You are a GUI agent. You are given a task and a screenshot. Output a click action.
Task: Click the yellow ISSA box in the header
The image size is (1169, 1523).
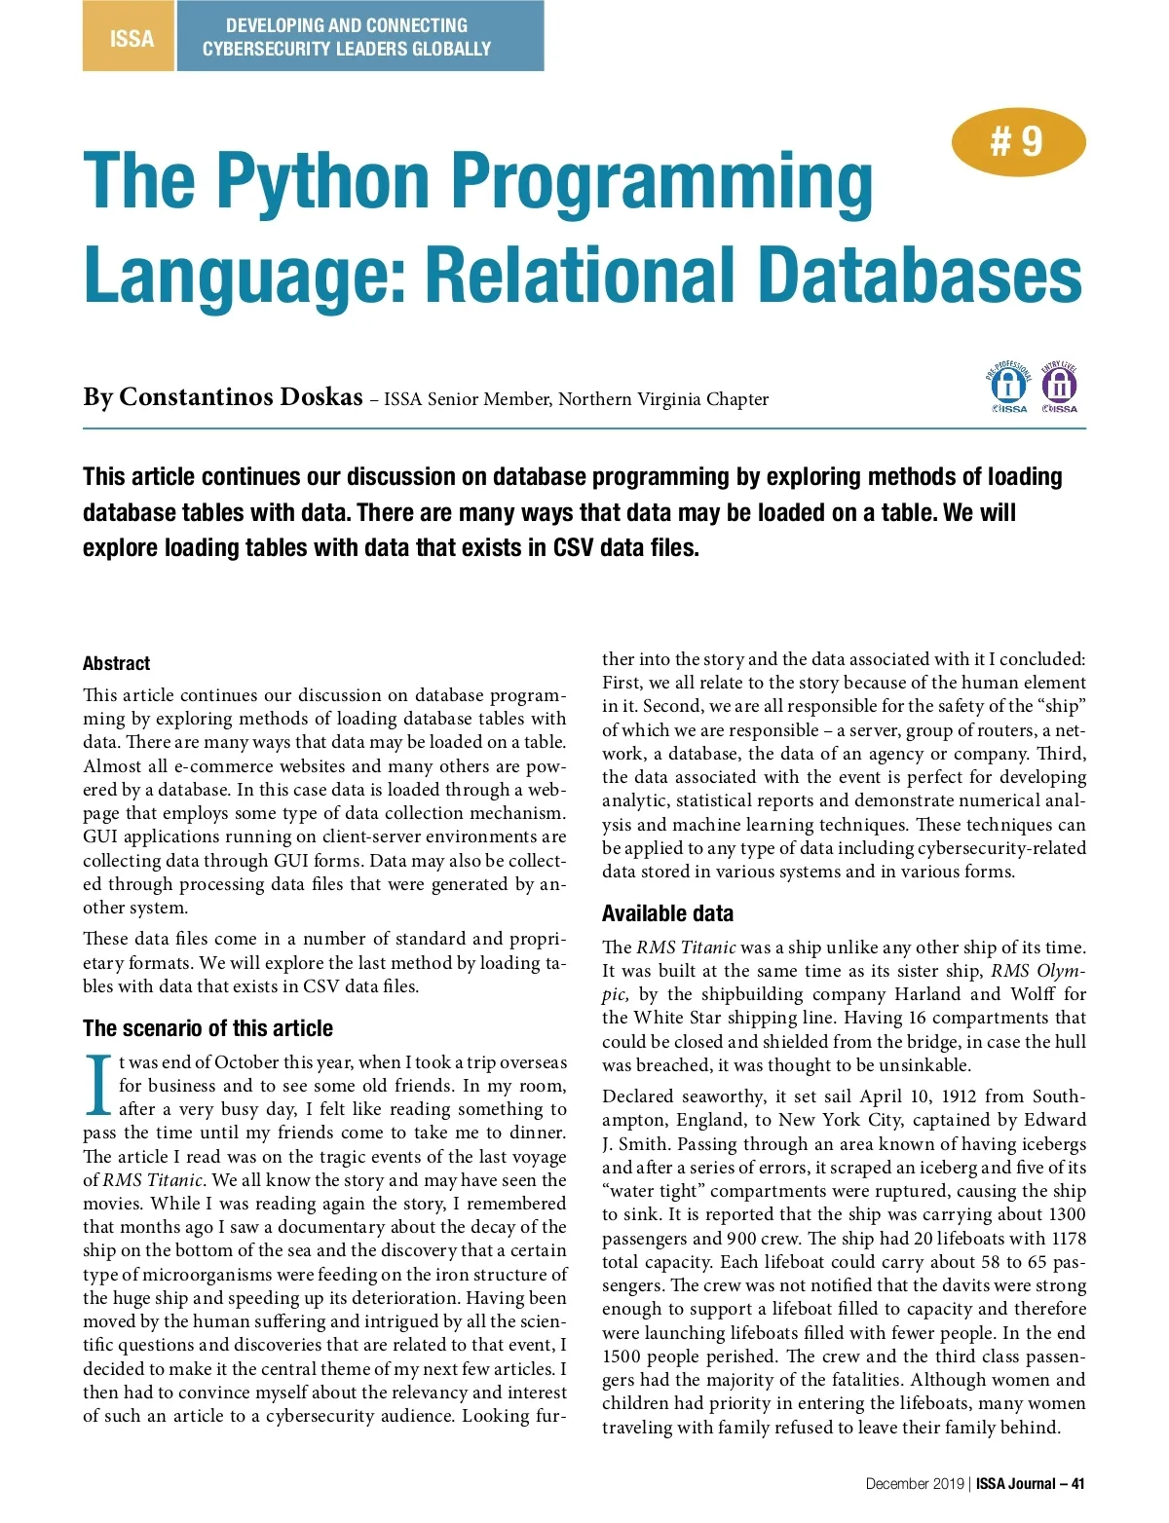pyautogui.click(x=130, y=38)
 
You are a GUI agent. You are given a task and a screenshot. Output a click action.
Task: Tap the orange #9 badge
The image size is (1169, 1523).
pyautogui.click(x=1017, y=142)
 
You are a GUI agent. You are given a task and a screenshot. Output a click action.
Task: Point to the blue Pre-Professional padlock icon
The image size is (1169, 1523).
pyautogui.click(x=1009, y=387)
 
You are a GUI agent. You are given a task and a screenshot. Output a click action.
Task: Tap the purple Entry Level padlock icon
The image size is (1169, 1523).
pyautogui.click(x=1060, y=387)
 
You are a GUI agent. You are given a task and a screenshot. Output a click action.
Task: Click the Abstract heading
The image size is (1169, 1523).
pyautogui.click(x=116, y=663)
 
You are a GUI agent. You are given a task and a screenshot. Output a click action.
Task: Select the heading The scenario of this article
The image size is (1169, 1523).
pyautogui.click(x=207, y=1028)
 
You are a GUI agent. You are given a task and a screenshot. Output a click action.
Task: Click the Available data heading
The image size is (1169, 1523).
pyautogui.click(x=667, y=913)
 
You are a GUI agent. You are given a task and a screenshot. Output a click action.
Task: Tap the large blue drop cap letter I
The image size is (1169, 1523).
pyautogui.click(x=98, y=1085)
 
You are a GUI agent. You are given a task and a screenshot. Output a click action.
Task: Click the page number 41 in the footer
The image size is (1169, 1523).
pyautogui.click(x=1077, y=1484)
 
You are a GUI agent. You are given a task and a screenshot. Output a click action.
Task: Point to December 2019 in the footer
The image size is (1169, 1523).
pyautogui.click(x=915, y=1484)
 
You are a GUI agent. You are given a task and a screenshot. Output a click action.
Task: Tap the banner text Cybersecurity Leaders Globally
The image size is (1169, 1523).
pyautogui.click(x=347, y=49)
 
